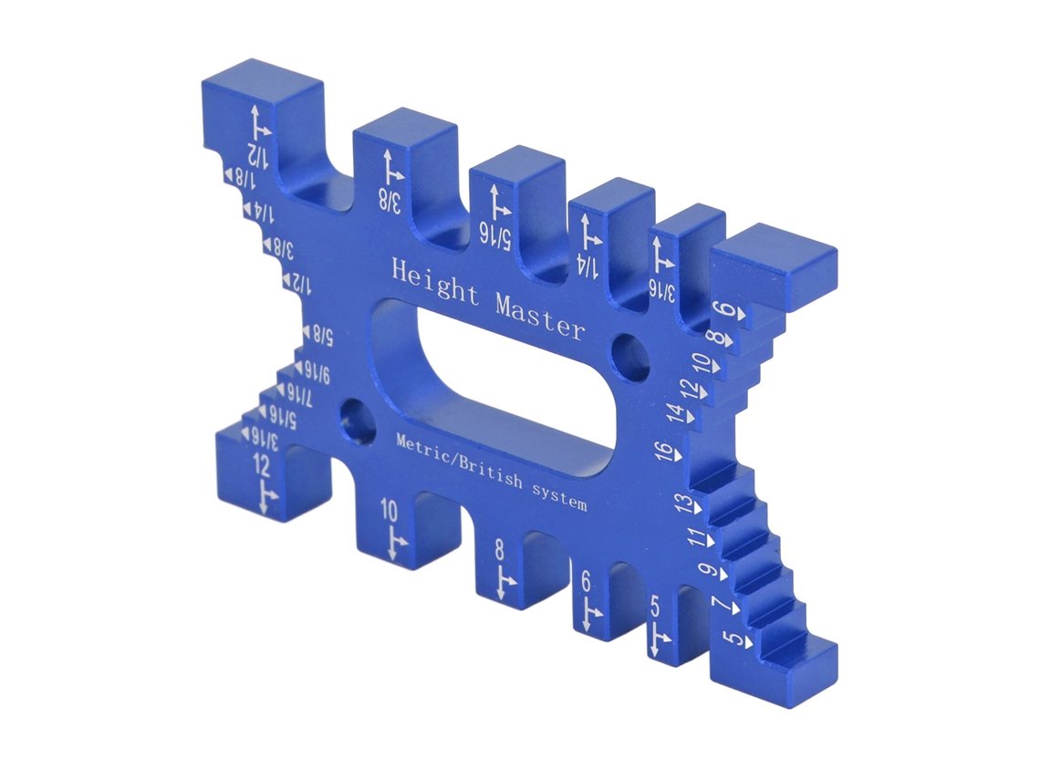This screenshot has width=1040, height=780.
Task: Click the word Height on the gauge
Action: tap(435, 283)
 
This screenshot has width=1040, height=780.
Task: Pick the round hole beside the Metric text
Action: tap(356, 419)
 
